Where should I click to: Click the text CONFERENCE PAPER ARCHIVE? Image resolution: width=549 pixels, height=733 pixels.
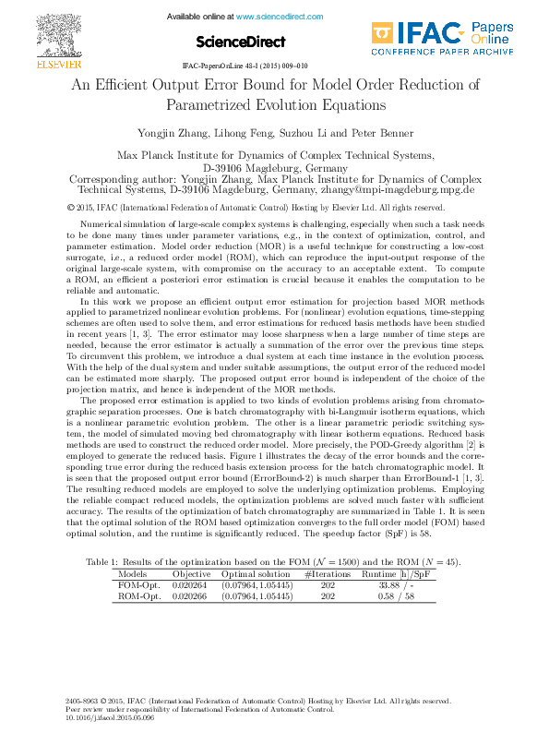click(x=441, y=53)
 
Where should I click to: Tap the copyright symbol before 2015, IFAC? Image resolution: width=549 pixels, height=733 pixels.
click(x=73, y=208)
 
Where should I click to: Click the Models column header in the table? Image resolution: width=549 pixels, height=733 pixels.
click(x=133, y=573)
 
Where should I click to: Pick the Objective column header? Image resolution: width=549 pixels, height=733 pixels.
click(x=191, y=573)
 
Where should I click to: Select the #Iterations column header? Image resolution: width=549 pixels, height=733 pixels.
click(x=328, y=573)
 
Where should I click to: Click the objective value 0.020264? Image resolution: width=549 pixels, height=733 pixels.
click(x=191, y=584)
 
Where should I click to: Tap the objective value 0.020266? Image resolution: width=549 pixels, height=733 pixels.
click(x=191, y=595)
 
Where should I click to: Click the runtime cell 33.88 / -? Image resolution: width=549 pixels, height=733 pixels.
click(x=398, y=584)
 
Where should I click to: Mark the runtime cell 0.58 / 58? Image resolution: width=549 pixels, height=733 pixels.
click(x=398, y=595)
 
